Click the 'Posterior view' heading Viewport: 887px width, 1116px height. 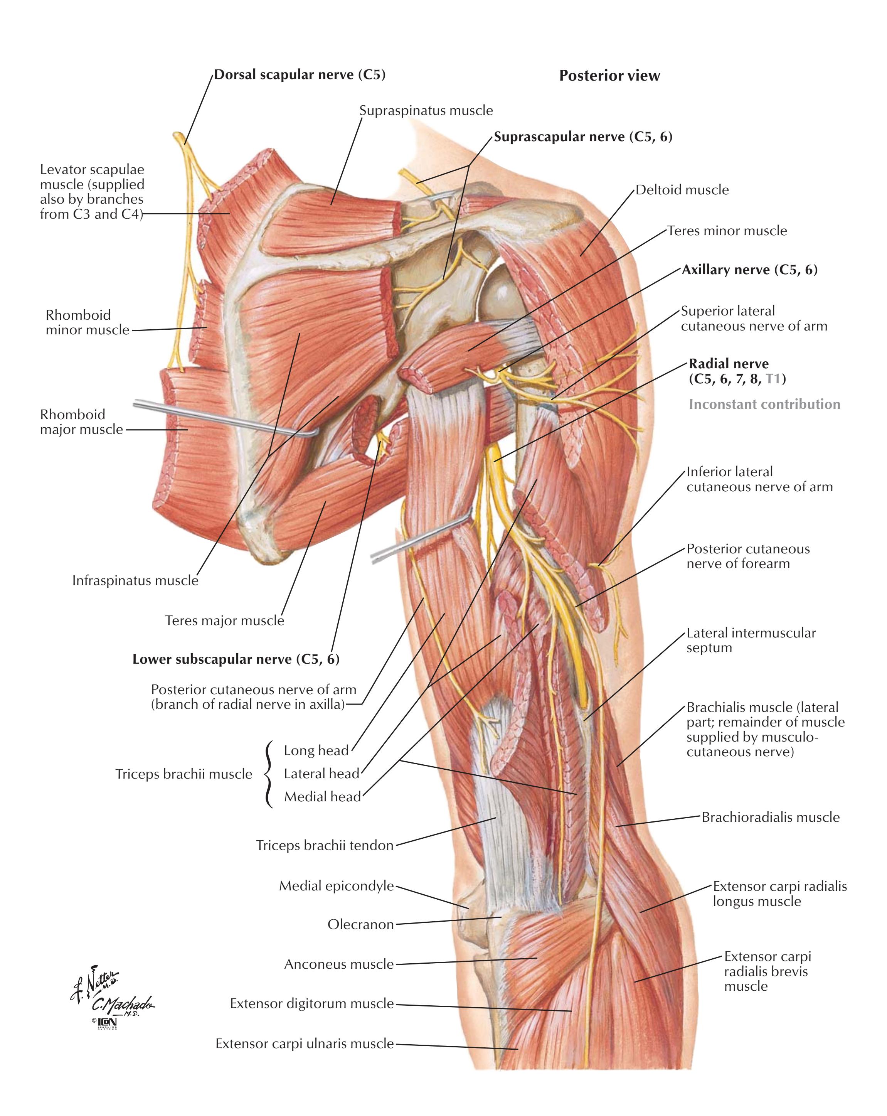click(609, 76)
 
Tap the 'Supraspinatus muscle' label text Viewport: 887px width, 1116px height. click(426, 110)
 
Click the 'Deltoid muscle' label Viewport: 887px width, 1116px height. click(682, 190)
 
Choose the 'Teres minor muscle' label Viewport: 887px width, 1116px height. click(727, 231)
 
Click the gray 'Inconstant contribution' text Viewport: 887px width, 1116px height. click(764, 404)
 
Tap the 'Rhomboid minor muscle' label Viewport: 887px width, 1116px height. click(88, 322)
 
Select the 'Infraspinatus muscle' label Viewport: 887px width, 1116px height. click(135, 581)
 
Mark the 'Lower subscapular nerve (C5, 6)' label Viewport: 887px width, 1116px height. click(236, 659)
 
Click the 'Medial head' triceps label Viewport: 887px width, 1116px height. click(322, 797)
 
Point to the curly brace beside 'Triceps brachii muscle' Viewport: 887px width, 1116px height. click(268, 774)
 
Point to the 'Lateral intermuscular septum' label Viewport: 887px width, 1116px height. click(751, 640)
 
